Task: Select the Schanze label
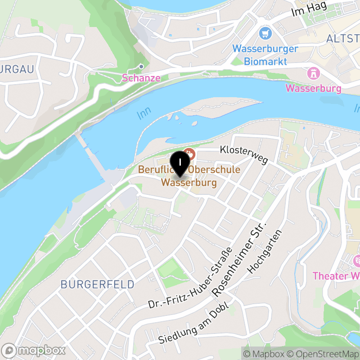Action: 141,78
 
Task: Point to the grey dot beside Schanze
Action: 141,67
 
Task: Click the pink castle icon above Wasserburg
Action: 313,73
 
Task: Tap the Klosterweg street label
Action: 244,154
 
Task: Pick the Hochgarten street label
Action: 267,252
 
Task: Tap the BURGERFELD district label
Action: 97,284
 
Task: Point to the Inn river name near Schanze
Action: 144,114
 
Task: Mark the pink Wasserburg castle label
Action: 314,88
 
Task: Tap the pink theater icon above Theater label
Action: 358,261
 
